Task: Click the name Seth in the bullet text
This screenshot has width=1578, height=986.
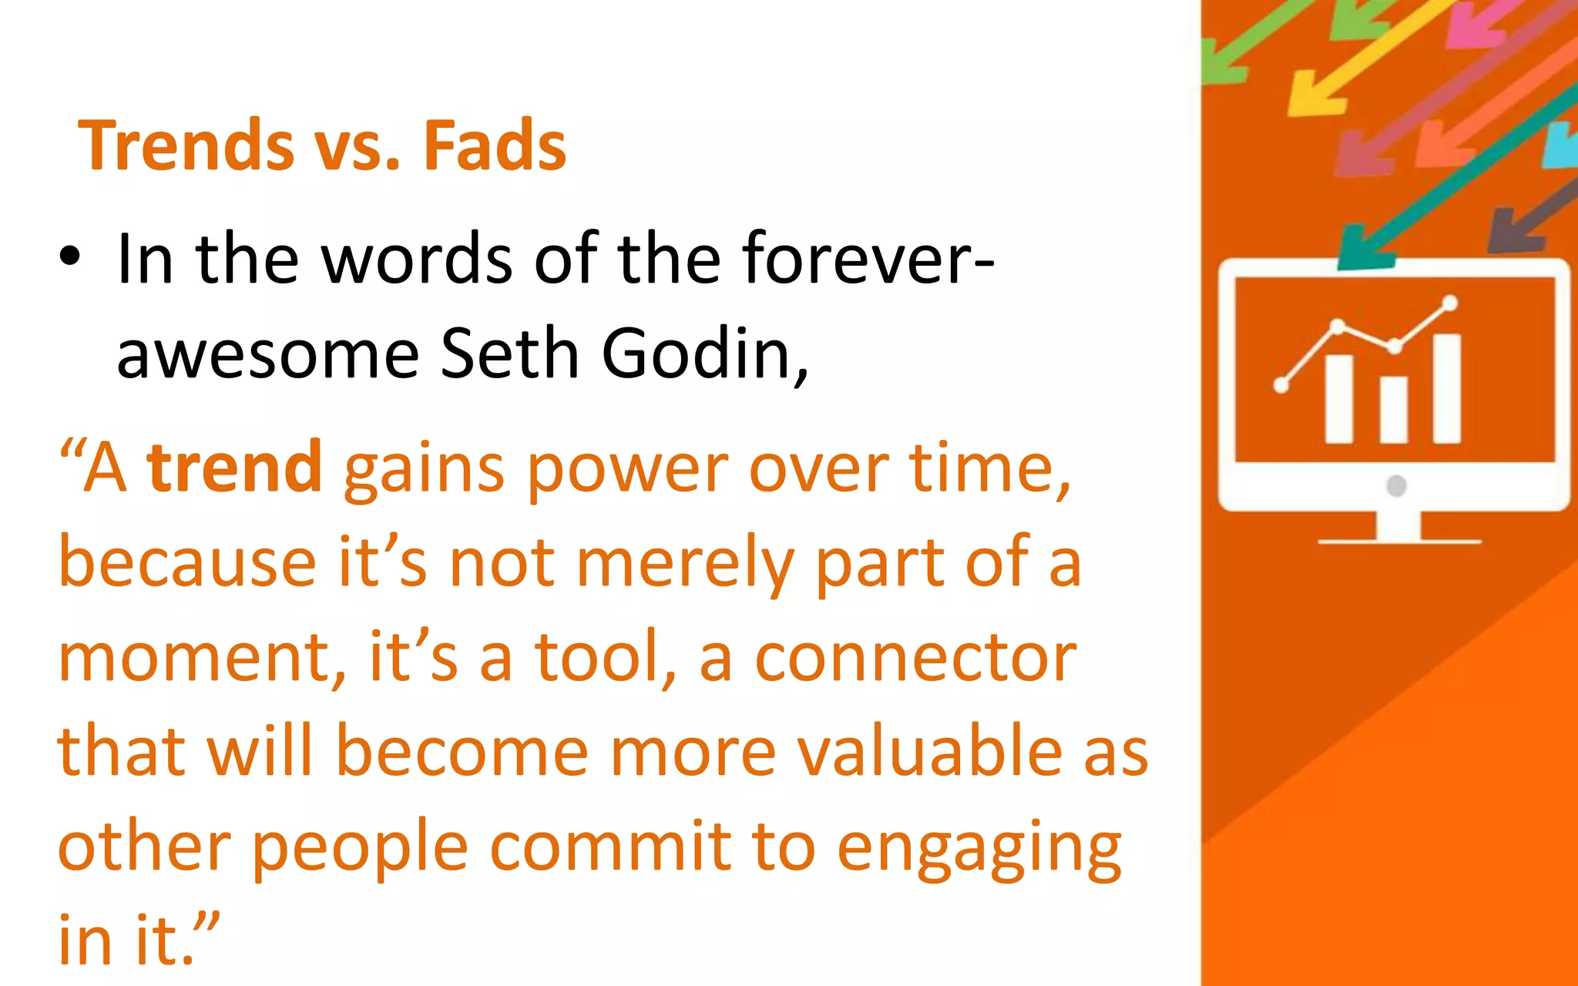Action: (x=509, y=354)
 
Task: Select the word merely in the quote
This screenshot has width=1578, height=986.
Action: (x=685, y=564)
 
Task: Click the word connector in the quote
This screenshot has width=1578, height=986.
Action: (x=915, y=659)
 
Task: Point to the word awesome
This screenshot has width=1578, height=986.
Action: (x=267, y=355)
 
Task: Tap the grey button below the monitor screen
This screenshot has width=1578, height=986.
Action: (x=1396, y=486)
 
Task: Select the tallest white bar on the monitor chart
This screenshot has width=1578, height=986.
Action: (x=1447, y=388)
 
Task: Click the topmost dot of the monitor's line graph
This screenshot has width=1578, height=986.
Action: (x=1450, y=303)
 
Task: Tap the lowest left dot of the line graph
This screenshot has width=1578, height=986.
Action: (x=1281, y=385)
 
